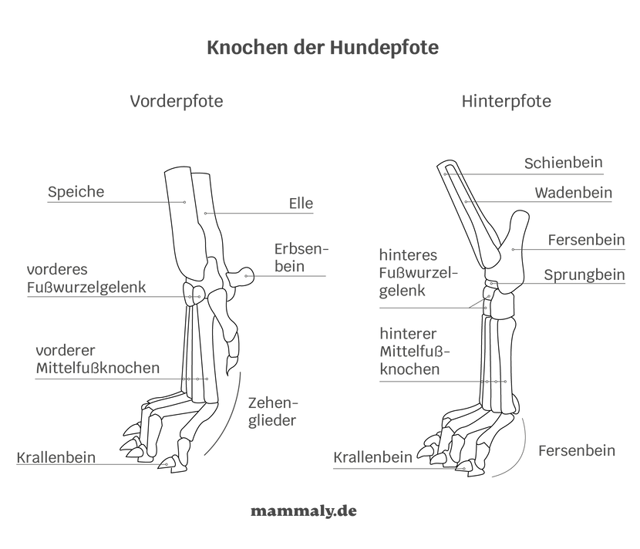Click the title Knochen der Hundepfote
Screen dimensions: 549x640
tap(322, 48)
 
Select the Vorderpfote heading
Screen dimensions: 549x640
tap(176, 101)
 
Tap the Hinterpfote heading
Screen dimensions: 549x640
tap(507, 102)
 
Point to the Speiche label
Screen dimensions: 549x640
tap(76, 192)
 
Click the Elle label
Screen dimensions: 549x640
tap(301, 204)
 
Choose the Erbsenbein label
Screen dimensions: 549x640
tap(301, 258)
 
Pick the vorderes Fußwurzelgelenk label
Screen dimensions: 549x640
tap(86, 280)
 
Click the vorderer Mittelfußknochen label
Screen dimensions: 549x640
tap(97, 359)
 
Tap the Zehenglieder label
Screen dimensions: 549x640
tap(272, 412)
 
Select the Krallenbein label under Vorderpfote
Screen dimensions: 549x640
tap(56, 457)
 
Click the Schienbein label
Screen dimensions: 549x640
tap(564, 163)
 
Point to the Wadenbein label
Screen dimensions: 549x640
tap(573, 194)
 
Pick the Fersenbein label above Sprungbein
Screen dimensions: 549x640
tap(586, 240)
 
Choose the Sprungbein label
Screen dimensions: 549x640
tap(584, 274)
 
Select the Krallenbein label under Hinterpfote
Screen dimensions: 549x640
tap(373, 457)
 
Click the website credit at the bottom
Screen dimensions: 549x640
tap(303, 511)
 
